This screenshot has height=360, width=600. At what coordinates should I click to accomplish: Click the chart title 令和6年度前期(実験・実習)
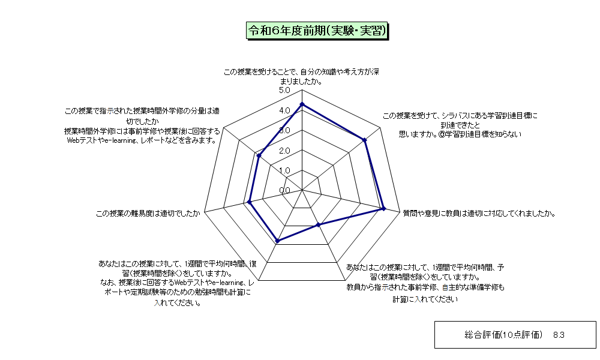click(x=317, y=31)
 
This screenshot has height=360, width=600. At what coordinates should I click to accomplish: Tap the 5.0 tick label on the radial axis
click(x=284, y=91)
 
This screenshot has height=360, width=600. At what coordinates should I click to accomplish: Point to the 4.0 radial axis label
click(x=284, y=110)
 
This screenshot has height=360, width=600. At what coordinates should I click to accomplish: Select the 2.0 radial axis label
click(x=284, y=151)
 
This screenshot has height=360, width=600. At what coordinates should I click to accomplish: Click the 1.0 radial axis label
click(x=284, y=170)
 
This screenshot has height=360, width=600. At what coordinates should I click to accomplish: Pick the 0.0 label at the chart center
click(x=284, y=191)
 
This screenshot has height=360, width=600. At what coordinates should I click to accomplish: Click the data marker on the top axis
click(x=302, y=104)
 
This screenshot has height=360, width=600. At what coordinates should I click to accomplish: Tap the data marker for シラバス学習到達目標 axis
click(x=365, y=140)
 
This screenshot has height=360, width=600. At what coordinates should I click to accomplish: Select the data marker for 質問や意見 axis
click(x=384, y=209)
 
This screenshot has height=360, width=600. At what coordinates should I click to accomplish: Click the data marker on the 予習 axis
click(x=318, y=225)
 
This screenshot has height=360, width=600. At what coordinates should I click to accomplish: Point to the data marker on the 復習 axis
click(x=278, y=241)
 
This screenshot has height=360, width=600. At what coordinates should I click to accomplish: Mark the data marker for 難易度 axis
click(x=250, y=202)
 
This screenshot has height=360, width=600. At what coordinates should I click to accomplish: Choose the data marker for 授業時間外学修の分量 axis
click(x=259, y=156)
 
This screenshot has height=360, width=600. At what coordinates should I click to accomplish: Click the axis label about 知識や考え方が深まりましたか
click(x=301, y=77)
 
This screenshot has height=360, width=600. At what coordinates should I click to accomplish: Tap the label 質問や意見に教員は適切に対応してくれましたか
click(x=479, y=214)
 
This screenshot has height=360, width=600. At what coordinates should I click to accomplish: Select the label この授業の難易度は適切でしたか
click(x=148, y=214)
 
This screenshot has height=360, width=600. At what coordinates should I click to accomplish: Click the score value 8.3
click(x=559, y=335)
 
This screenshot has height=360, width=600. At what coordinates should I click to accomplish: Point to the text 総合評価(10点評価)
click(x=503, y=335)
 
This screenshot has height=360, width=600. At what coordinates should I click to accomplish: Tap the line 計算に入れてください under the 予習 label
click(x=425, y=299)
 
